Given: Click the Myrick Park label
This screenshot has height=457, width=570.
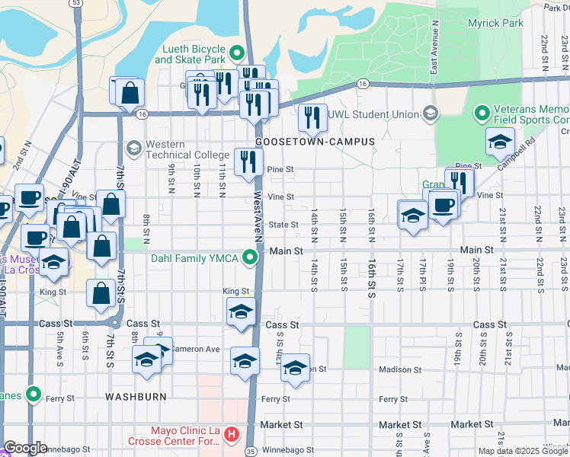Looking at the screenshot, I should [x=495, y=23].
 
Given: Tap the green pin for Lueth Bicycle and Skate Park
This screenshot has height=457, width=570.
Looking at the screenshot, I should [x=236, y=54].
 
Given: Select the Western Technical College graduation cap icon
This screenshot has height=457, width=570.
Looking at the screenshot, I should [x=134, y=146].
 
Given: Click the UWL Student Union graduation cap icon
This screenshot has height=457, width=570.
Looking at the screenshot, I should [x=430, y=114].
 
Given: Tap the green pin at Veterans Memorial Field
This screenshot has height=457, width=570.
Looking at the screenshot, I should [x=482, y=114].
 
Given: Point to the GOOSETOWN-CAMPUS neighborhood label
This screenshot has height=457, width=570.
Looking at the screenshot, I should [x=315, y=142].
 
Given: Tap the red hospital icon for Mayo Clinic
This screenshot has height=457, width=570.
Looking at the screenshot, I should [x=232, y=436].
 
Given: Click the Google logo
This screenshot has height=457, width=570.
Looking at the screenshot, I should [x=25, y=448].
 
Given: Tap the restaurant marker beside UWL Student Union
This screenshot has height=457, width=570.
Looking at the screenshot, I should [x=312, y=117].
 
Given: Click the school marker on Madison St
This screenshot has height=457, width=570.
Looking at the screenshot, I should [x=295, y=369].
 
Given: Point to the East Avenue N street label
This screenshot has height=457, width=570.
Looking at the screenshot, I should [x=432, y=57].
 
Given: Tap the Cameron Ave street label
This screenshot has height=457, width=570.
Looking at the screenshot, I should [x=194, y=349].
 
